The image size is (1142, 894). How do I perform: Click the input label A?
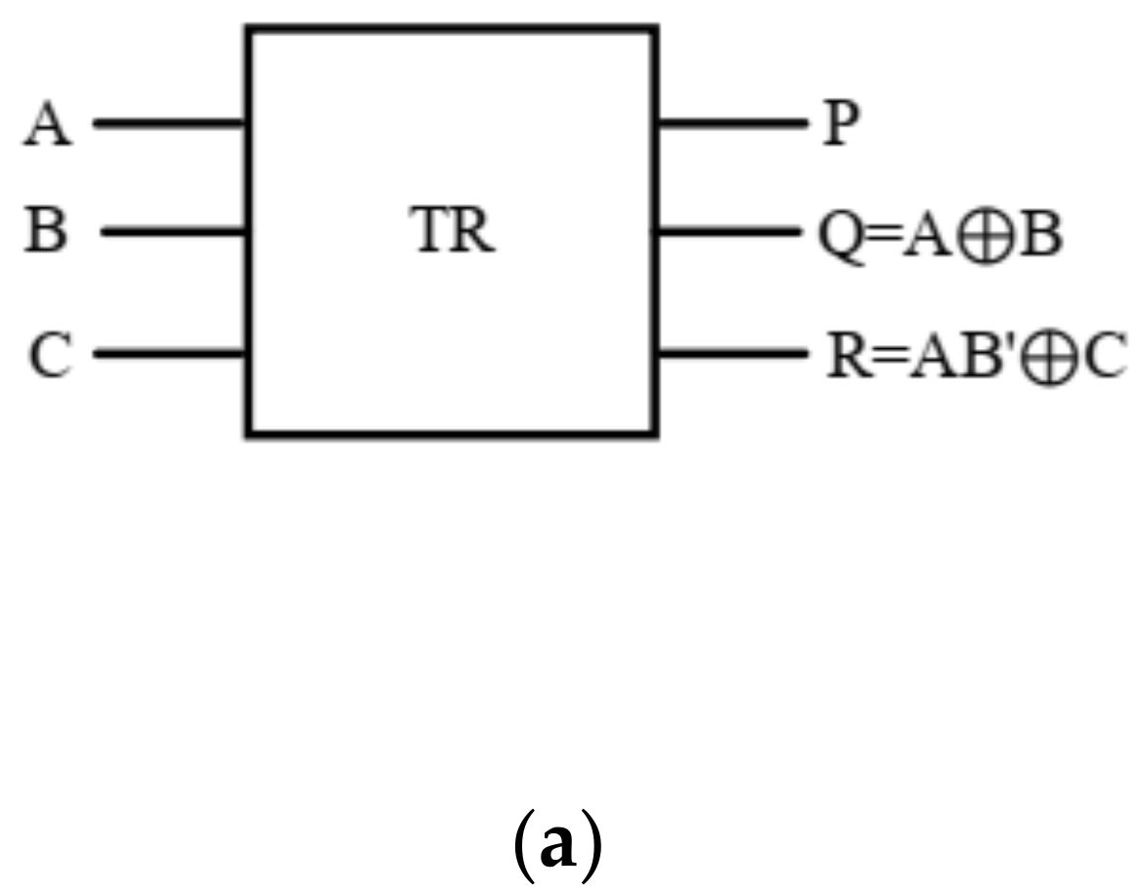point(49,125)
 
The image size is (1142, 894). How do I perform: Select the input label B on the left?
point(50,233)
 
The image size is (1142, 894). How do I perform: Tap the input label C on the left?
point(49,355)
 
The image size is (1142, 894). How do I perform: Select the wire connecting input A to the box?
point(168,124)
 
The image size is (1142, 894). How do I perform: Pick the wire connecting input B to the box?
point(172,233)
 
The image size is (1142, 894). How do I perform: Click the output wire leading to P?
point(729,124)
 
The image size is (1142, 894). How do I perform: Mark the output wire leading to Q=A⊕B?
point(729,233)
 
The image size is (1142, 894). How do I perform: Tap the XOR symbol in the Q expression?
point(984,236)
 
